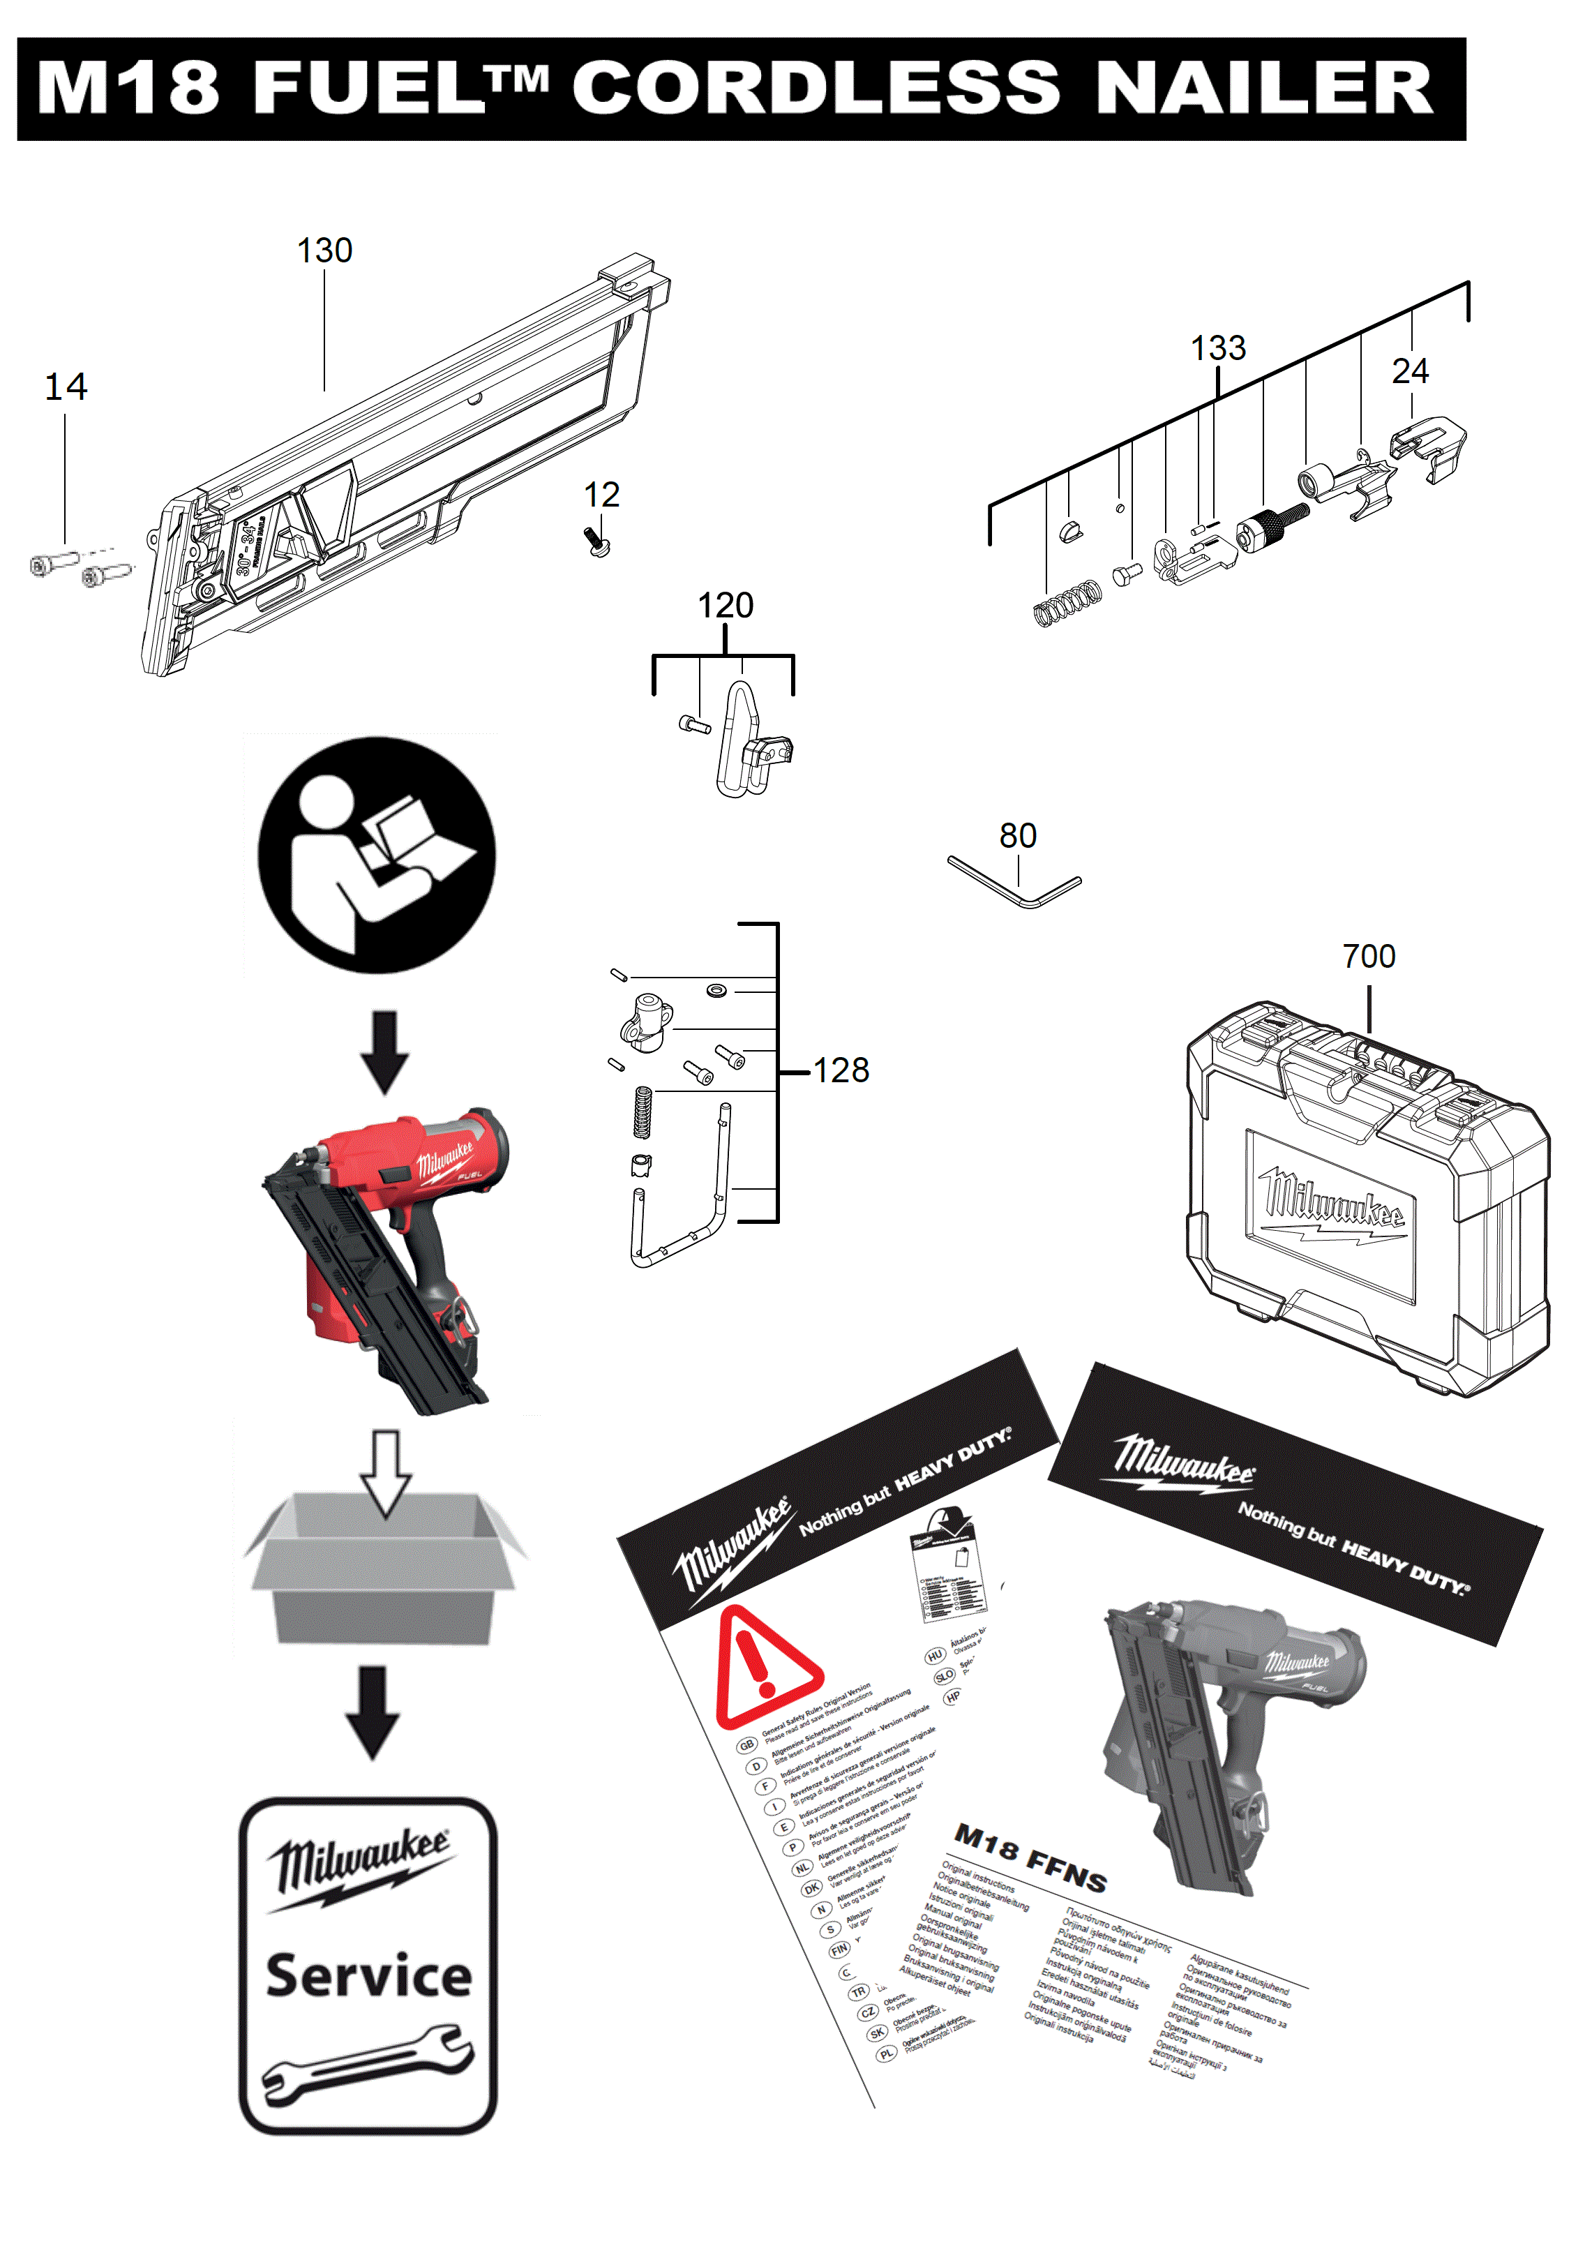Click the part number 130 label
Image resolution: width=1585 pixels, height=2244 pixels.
click(x=324, y=251)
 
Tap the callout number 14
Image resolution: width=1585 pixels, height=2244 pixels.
click(x=66, y=387)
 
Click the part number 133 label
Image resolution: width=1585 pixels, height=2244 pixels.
click(x=1217, y=348)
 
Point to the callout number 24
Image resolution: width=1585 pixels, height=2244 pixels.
click(x=1409, y=371)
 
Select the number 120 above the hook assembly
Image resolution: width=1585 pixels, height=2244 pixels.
click(x=724, y=606)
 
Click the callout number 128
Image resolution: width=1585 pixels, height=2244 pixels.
click(x=841, y=1070)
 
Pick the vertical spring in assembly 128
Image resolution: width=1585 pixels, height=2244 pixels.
click(x=642, y=1112)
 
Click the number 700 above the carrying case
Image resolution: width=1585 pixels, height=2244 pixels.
click(x=1368, y=956)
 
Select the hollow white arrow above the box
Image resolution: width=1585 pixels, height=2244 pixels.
click(x=385, y=1472)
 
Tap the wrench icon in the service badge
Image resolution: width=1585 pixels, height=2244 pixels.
click(x=368, y=2063)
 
